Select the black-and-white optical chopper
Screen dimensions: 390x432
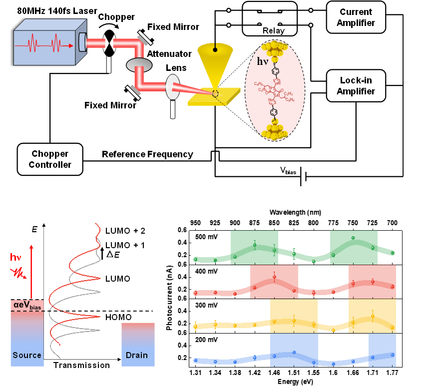[109, 43]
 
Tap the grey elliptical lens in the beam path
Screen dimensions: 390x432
[139, 65]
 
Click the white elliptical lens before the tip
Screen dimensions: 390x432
[172, 87]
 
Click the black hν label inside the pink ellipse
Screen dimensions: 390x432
[263, 61]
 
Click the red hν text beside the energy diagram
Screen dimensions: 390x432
[16, 258]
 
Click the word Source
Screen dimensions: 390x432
[27, 355]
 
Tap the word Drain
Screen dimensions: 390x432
[137, 355]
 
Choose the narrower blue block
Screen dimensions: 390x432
[382, 350]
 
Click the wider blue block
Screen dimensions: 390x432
[294, 350]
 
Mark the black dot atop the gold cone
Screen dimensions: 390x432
[215, 49]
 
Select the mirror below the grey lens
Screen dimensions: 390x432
[135, 89]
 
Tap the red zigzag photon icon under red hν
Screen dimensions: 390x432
[18, 272]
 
